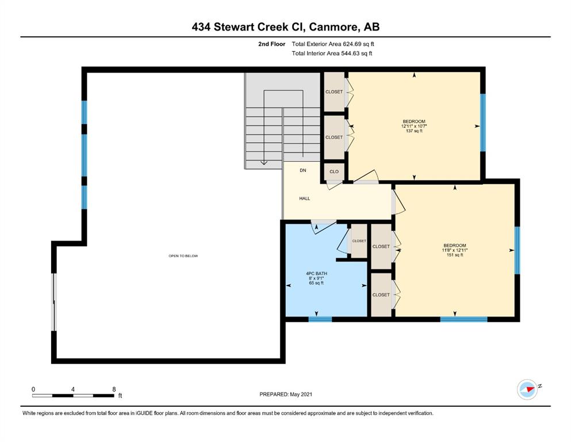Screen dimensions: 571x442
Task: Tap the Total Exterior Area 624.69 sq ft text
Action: [x=333, y=44]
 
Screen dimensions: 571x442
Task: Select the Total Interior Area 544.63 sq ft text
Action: [x=332, y=53]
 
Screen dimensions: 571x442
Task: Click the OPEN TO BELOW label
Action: [x=183, y=256]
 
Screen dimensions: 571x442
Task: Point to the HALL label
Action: [x=304, y=199]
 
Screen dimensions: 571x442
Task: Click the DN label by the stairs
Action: [x=303, y=170]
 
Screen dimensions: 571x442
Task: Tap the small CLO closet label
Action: [x=334, y=172]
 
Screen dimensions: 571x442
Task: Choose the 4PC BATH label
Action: [x=316, y=273]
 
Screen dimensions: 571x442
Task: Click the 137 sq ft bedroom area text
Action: [x=414, y=131]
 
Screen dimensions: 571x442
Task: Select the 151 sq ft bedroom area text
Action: [x=455, y=255]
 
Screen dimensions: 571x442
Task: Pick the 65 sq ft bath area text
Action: [x=316, y=283]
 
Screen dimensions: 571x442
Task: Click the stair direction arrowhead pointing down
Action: [x=264, y=162]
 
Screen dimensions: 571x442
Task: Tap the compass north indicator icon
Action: [x=527, y=390]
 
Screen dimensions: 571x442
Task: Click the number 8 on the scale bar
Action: [x=114, y=389]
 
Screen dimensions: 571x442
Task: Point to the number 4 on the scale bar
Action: [x=73, y=389]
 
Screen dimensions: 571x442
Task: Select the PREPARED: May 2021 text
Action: [x=285, y=394]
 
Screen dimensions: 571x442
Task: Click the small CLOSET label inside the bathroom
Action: [x=359, y=241]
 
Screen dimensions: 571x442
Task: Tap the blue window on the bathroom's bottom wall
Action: [x=320, y=319]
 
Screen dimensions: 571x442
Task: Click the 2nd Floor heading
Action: [x=271, y=44]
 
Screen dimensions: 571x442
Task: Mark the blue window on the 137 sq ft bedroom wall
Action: [x=483, y=123]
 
